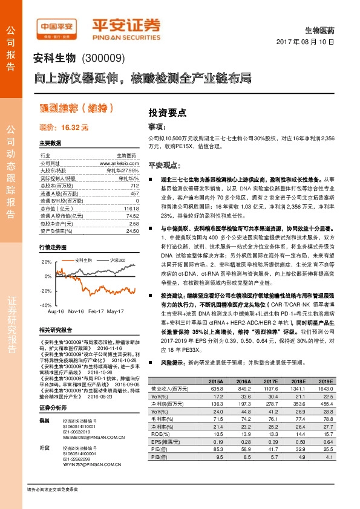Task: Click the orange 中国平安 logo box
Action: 58,27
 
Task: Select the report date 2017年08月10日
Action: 309,42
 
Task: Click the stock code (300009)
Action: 103,59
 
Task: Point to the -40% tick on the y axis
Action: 47,306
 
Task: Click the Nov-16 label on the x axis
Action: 76,311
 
